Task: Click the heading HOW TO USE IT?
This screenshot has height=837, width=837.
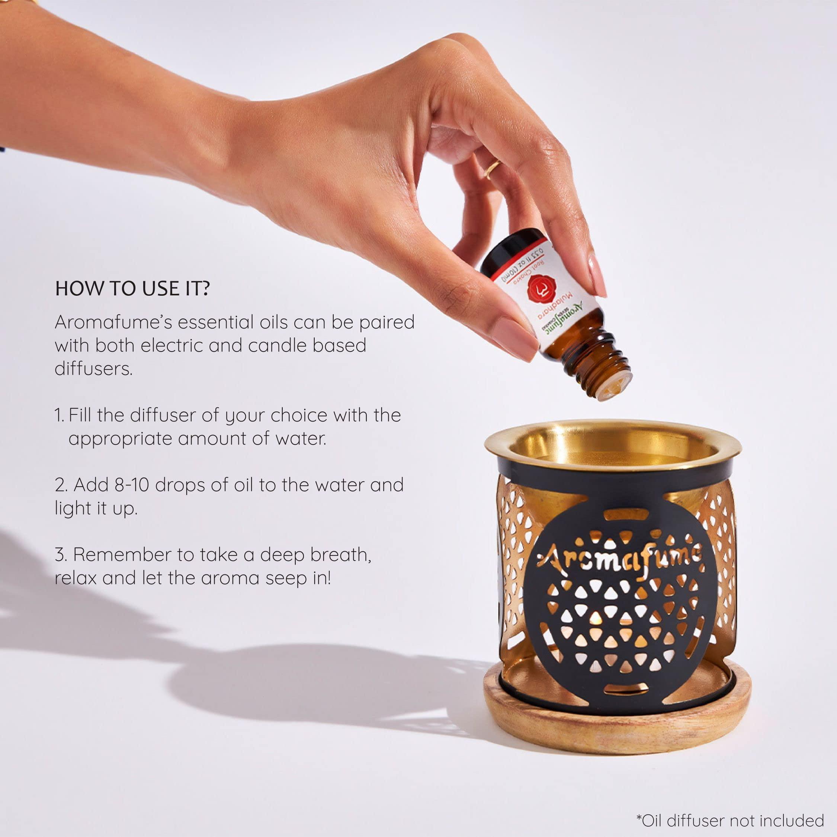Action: pyautogui.click(x=132, y=289)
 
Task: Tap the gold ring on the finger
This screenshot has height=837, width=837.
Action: pyautogui.click(x=493, y=169)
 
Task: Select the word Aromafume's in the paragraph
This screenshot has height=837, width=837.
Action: pyautogui.click(x=105, y=322)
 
